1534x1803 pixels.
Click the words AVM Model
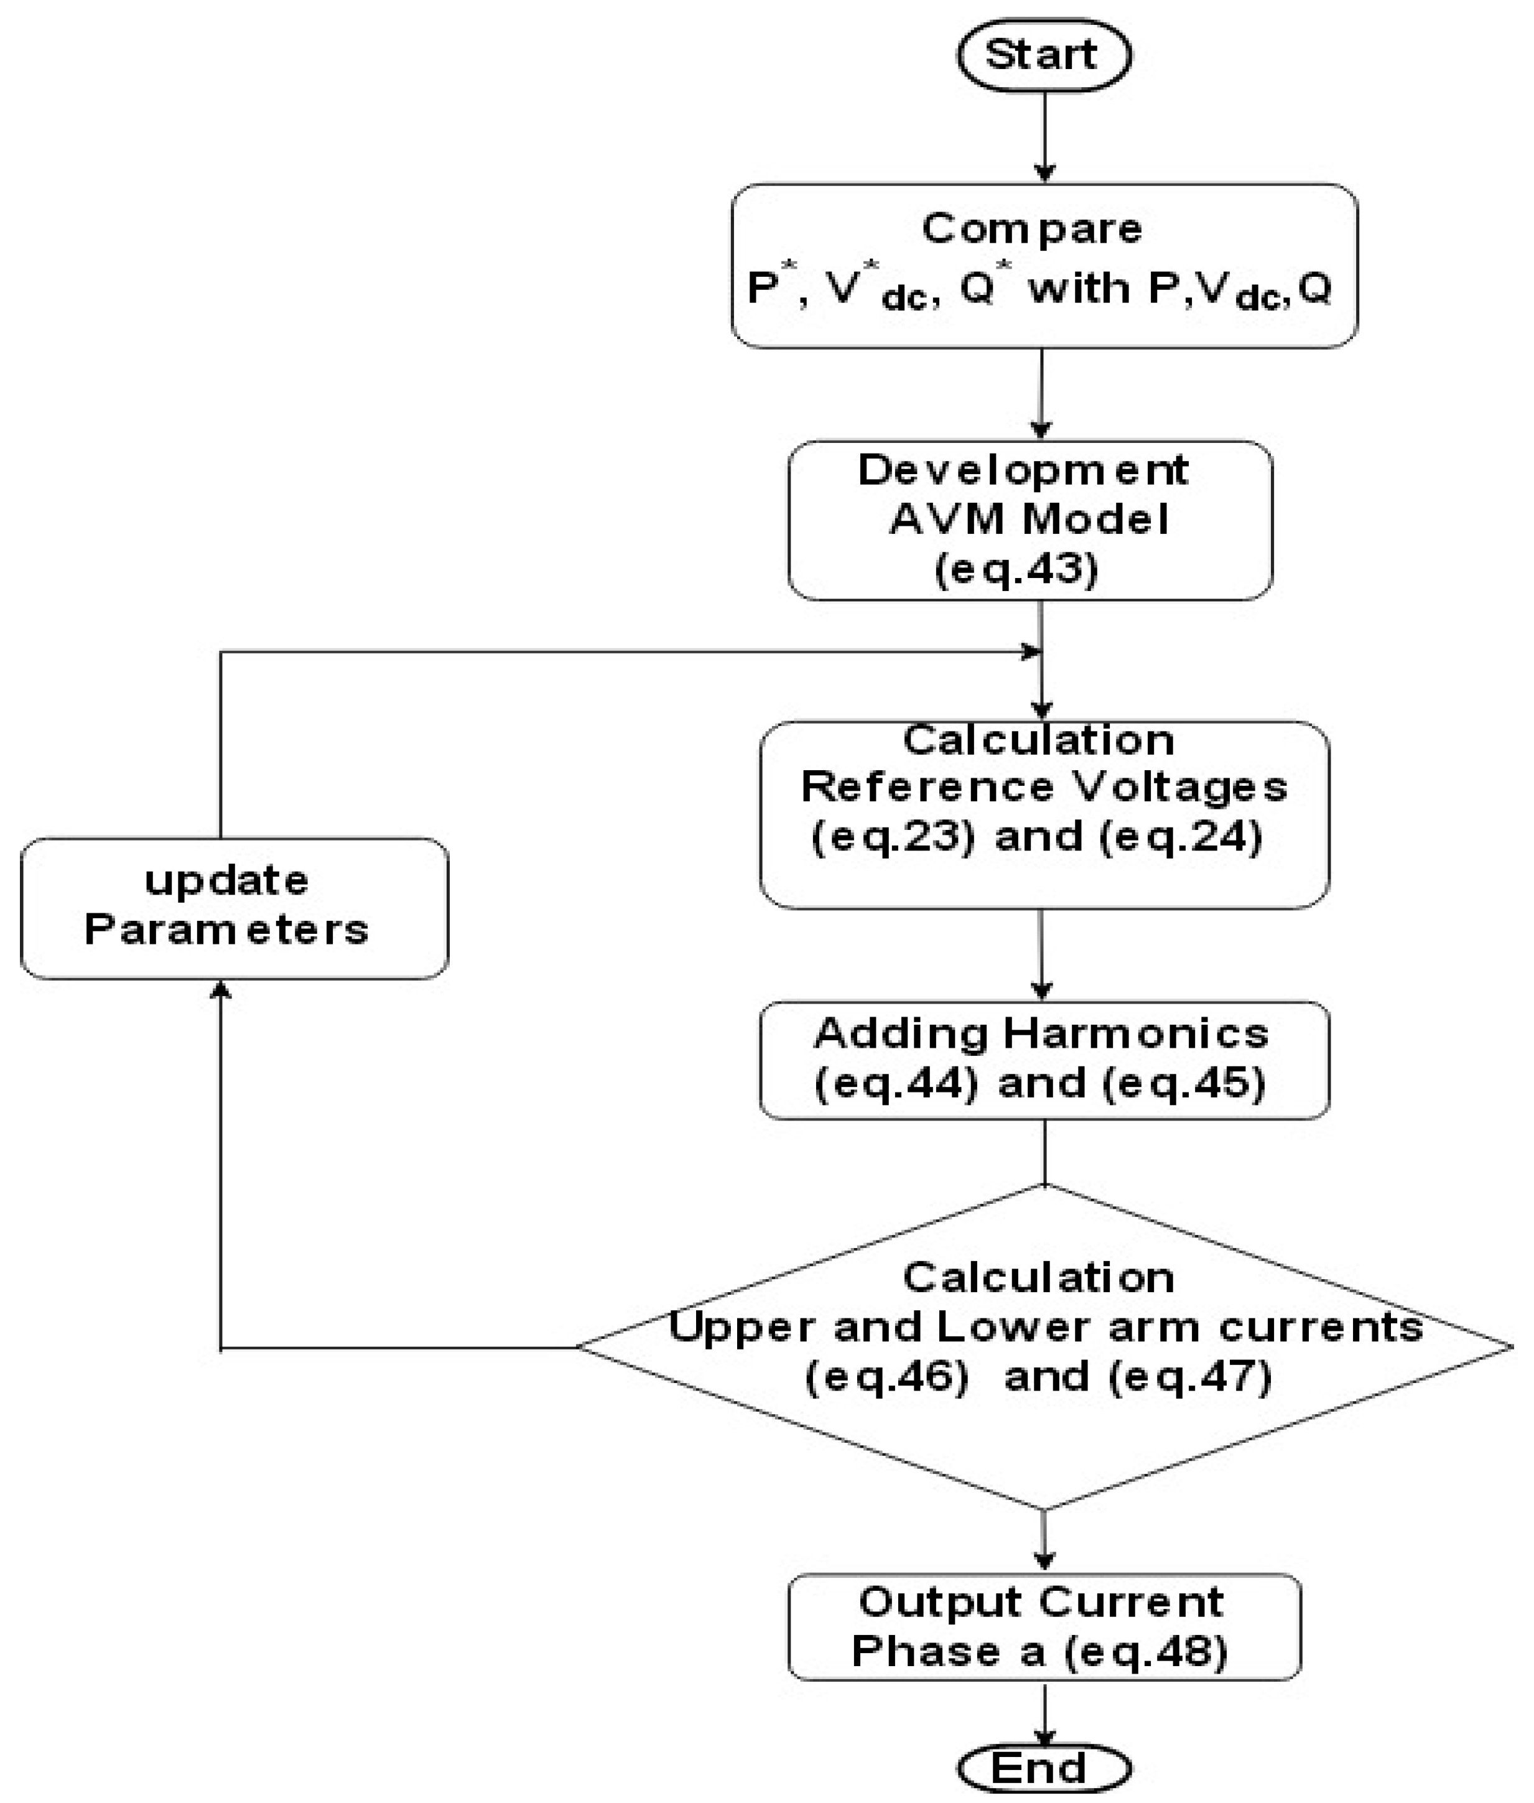[x=1029, y=519]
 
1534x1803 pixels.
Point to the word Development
[x=1023, y=470]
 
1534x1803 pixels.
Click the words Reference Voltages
[x=1044, y=787]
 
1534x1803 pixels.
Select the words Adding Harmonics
[x=1041, y=1034]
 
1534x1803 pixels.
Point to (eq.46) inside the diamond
[x=887, y=1377]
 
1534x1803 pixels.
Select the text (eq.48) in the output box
[x=1146, y=1651]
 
